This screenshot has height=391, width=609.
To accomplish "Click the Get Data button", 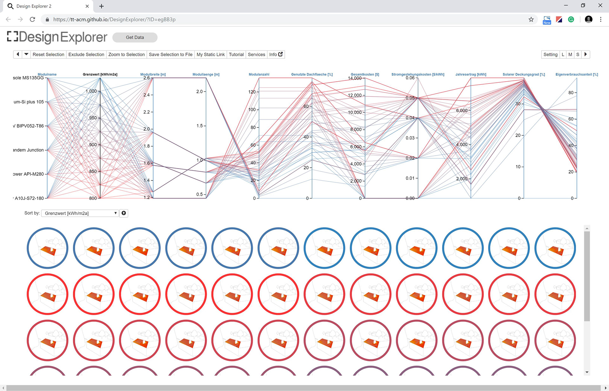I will click(x=135, y=37).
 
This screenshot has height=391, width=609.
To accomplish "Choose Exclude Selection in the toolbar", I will click(x=86, y=55).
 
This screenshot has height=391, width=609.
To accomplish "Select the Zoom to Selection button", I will click(x=126, y=55).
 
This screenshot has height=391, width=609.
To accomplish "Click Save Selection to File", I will click(x=170, y=55).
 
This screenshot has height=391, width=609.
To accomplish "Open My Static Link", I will click(x=210, y=55).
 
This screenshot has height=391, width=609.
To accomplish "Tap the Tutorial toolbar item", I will click(x=236, y=55).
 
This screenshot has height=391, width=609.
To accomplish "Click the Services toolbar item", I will click(x=256, y=55).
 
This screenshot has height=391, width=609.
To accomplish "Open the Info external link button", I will click(x=276, y=55).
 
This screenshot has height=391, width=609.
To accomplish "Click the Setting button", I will click(x=550, y=55).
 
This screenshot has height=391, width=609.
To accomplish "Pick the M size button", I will click(x=570, y=55).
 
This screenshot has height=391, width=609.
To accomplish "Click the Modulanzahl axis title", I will click(x=259, y=75).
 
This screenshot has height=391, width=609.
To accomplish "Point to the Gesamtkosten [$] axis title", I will click(x=365, y=75).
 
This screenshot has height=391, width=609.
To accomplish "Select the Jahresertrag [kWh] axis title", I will click(x=471, y=75).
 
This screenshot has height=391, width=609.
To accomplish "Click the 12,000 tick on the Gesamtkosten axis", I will click(x=355, y=95).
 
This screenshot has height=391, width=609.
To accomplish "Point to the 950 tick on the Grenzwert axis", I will click(x=93, y=118).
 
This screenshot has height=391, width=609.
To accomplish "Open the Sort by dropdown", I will click(x=81, y=213).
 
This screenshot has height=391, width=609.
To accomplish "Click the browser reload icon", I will click(x=32, y=19).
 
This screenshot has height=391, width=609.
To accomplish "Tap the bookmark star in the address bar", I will click(x=531, y=19).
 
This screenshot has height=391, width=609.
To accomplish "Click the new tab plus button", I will click(x=101, y=6).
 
